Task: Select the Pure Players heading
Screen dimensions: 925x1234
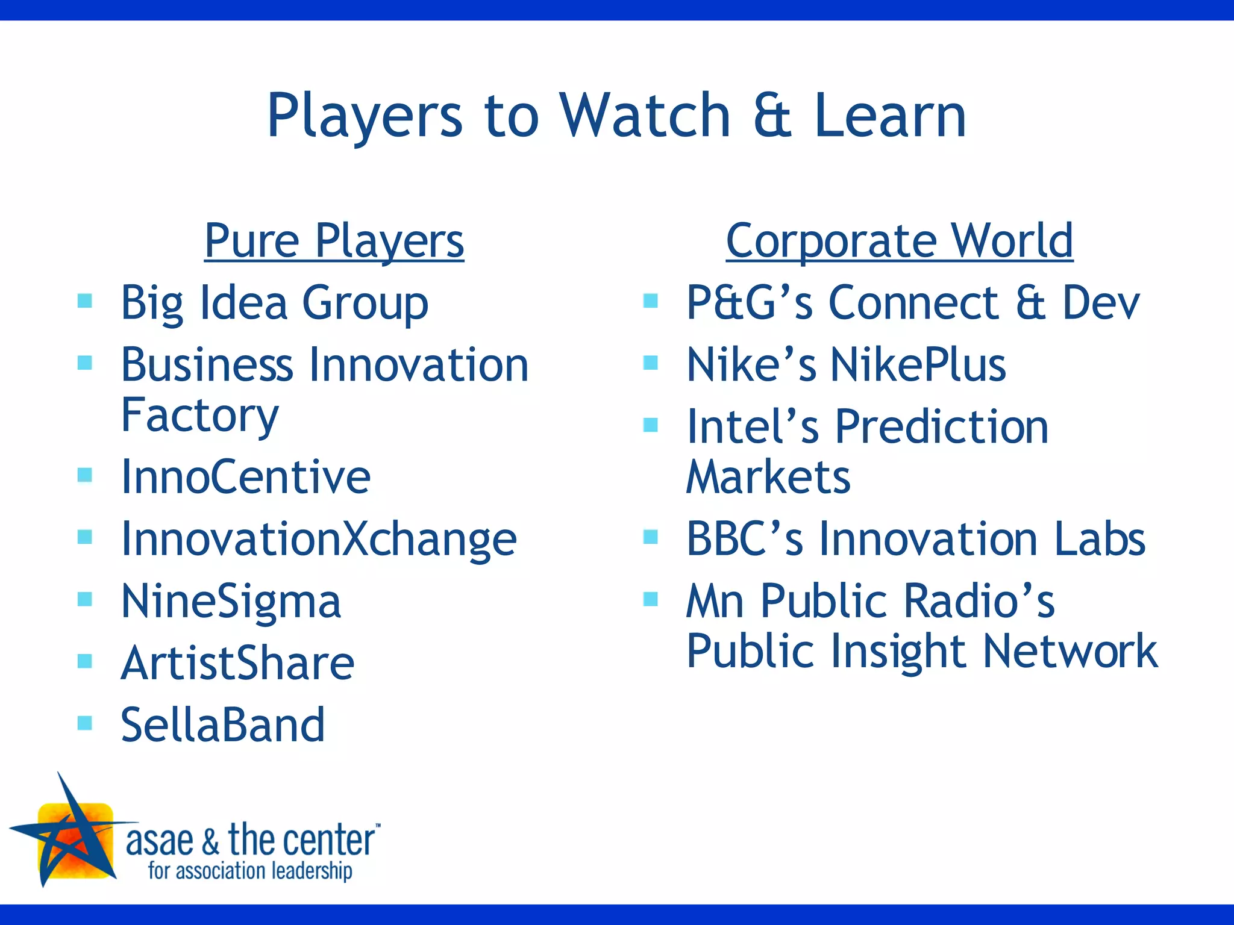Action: point(334,241)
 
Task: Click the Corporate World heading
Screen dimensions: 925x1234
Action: point(899,241)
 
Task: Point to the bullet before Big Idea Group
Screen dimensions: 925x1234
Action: point(85,300)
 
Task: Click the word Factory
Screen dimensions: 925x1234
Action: point(200,415)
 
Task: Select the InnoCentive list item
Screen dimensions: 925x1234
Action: point(245,477)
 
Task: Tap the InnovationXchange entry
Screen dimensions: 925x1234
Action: point(318,539)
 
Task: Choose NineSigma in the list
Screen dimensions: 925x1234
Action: point(231,601)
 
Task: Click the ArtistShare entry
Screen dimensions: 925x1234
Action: point(237,663)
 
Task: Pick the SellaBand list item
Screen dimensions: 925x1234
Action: point(222,725)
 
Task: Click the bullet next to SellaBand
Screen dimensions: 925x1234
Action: point(85,722)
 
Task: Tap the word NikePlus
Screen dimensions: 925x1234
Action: point(918,365)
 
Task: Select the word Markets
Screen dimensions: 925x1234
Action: point(768,477)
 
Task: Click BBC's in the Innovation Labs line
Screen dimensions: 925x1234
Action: point(744,539)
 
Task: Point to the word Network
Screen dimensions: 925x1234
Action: point(1070,652)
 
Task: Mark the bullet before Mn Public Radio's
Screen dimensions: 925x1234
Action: point(650,599)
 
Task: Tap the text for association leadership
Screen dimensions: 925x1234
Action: point(250,871)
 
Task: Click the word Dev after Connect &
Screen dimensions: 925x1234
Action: point(1100,303)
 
